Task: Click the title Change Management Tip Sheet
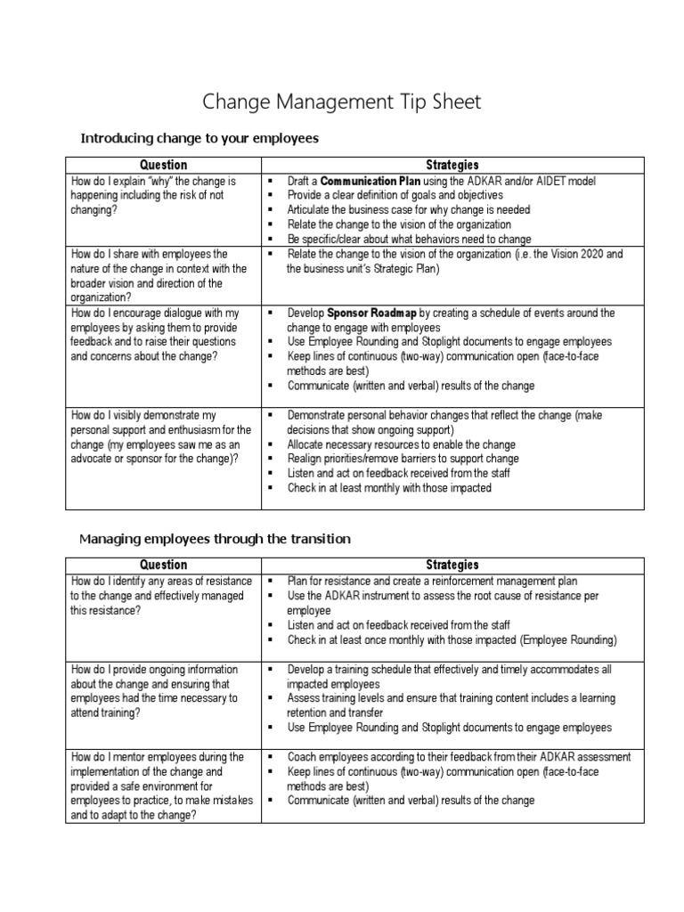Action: tap(342, 102)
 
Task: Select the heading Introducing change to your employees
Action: tap(199, 138)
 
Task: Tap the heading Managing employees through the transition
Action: tap(216, 539)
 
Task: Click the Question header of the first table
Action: tap(163, 165)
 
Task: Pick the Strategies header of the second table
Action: tap(452, 565)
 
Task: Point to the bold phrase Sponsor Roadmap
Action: tap(372, 313)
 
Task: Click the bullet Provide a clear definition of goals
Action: tap(395, 195)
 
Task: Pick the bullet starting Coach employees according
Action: tap(459, 757)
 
